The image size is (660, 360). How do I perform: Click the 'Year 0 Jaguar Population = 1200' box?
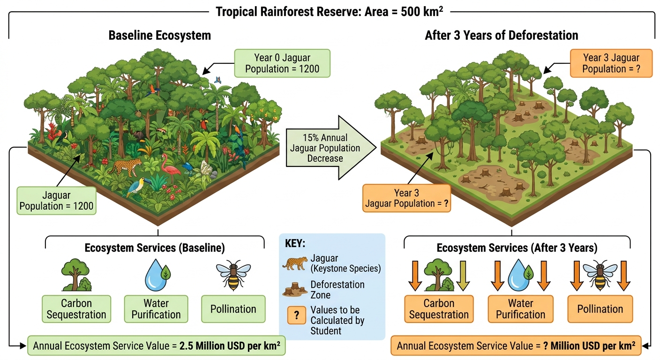(282, 63)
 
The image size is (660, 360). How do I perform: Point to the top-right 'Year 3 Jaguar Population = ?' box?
(611, 63)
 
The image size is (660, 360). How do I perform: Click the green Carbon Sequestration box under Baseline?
(76, 309)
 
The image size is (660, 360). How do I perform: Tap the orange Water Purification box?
(521, 309)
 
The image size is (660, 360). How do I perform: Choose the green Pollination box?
(233, 309)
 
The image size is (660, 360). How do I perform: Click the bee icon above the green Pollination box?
(233, 275)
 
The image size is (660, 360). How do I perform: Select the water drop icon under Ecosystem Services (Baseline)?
(157, 275)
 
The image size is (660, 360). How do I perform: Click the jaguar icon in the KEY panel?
(295, 263)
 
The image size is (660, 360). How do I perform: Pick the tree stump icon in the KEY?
(295, 290)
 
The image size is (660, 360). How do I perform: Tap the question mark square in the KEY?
(297, 315)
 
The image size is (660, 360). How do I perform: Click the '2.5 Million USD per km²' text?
(230, 345)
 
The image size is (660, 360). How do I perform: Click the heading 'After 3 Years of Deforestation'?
(502, 35)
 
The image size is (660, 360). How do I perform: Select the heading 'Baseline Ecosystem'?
(160, 35)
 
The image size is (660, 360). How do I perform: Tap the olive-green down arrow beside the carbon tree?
(463, 276)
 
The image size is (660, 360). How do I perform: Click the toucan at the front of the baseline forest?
(137, 186)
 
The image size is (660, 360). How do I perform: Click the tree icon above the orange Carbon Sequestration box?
(439, 275)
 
